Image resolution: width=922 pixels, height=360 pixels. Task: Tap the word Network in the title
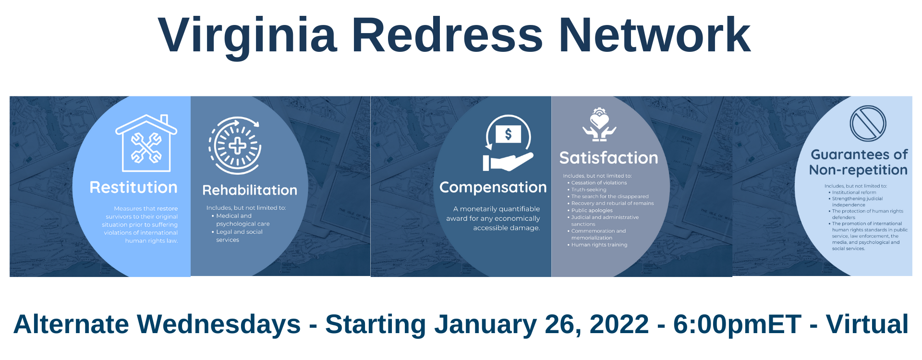[655, 35]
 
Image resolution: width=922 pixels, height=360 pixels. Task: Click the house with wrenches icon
[146, 143]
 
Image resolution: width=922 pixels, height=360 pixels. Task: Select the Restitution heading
[133, 187]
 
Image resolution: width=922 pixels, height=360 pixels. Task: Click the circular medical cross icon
[235, 145]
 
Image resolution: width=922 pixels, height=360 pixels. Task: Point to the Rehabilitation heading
[250, 190]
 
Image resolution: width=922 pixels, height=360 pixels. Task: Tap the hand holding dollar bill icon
[508, 143]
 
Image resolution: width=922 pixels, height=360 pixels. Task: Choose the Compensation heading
[493, 188]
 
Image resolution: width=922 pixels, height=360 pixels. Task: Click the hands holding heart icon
[599, 124]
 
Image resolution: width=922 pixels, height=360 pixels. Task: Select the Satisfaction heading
[609, 158]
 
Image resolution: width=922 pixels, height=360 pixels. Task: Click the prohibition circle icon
[868, 123]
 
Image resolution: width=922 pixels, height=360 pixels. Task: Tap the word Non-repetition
[858, 170]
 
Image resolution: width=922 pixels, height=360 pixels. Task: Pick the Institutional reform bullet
[852, 192]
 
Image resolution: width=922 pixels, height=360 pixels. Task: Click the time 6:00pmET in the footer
[737, 324]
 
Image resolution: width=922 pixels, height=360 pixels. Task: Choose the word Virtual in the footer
[867, 324]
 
